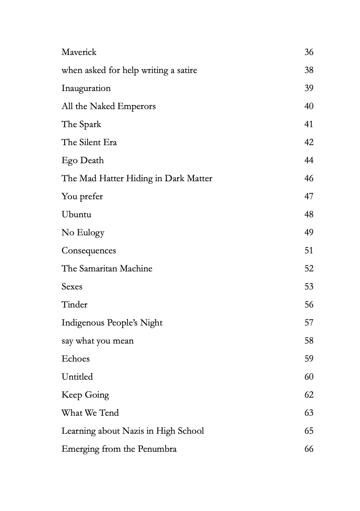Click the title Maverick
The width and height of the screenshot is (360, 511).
(79, 52)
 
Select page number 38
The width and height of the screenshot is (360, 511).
(309, 70)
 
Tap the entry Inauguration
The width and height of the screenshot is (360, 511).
(86, 88)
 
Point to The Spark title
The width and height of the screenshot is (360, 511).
(81, 125)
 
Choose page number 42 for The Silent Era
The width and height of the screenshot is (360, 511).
(309, 143)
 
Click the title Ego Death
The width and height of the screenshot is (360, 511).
(82, 161)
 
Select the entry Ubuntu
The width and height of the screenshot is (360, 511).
(76, 215)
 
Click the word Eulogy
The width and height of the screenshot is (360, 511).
(91, 233)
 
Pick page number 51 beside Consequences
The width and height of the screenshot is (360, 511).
(309, 251)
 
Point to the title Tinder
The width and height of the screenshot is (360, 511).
(74, 305)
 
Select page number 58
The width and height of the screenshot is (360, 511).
(309, 341)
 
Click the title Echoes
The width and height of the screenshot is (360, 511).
(76, 359)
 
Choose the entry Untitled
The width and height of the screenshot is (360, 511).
(77, 377)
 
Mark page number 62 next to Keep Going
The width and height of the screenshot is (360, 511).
(309, 395)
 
